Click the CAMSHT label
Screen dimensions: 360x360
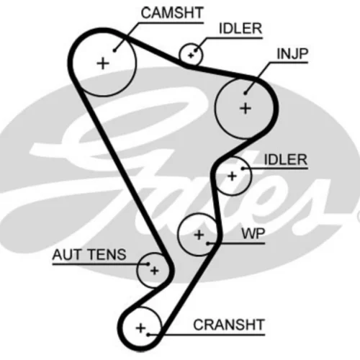[x=172, y=13]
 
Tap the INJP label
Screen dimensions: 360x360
[x=292, y=54]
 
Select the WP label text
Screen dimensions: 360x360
[x=253, y=233]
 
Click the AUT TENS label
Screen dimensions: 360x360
[x=89, y=255]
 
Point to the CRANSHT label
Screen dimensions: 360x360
[x=229, y=325]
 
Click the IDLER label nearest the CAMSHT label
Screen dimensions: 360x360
[x=240, y=29]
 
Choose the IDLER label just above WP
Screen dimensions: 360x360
[x=286, y=160]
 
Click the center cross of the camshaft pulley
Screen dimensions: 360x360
[x=103, y=64]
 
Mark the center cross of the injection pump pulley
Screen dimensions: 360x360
[x=246, y=109]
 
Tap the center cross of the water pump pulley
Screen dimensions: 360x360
[x=199, y=235]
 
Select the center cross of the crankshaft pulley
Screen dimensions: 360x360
[x=141, y=328]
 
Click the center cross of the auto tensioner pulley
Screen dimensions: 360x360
[x=155, y=271]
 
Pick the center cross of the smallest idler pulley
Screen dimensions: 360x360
[x=191, y=55]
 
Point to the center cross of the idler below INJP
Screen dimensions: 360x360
[x=232, y=176]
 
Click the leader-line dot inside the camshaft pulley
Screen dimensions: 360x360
[x=114, y=50]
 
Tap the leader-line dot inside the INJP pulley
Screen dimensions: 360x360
[x=245, y=93]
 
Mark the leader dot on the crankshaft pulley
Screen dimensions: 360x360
[x=148, y=335]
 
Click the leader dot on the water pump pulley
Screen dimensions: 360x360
[x=208, y=243]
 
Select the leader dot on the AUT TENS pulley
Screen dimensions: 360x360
[x=148, y=264]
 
